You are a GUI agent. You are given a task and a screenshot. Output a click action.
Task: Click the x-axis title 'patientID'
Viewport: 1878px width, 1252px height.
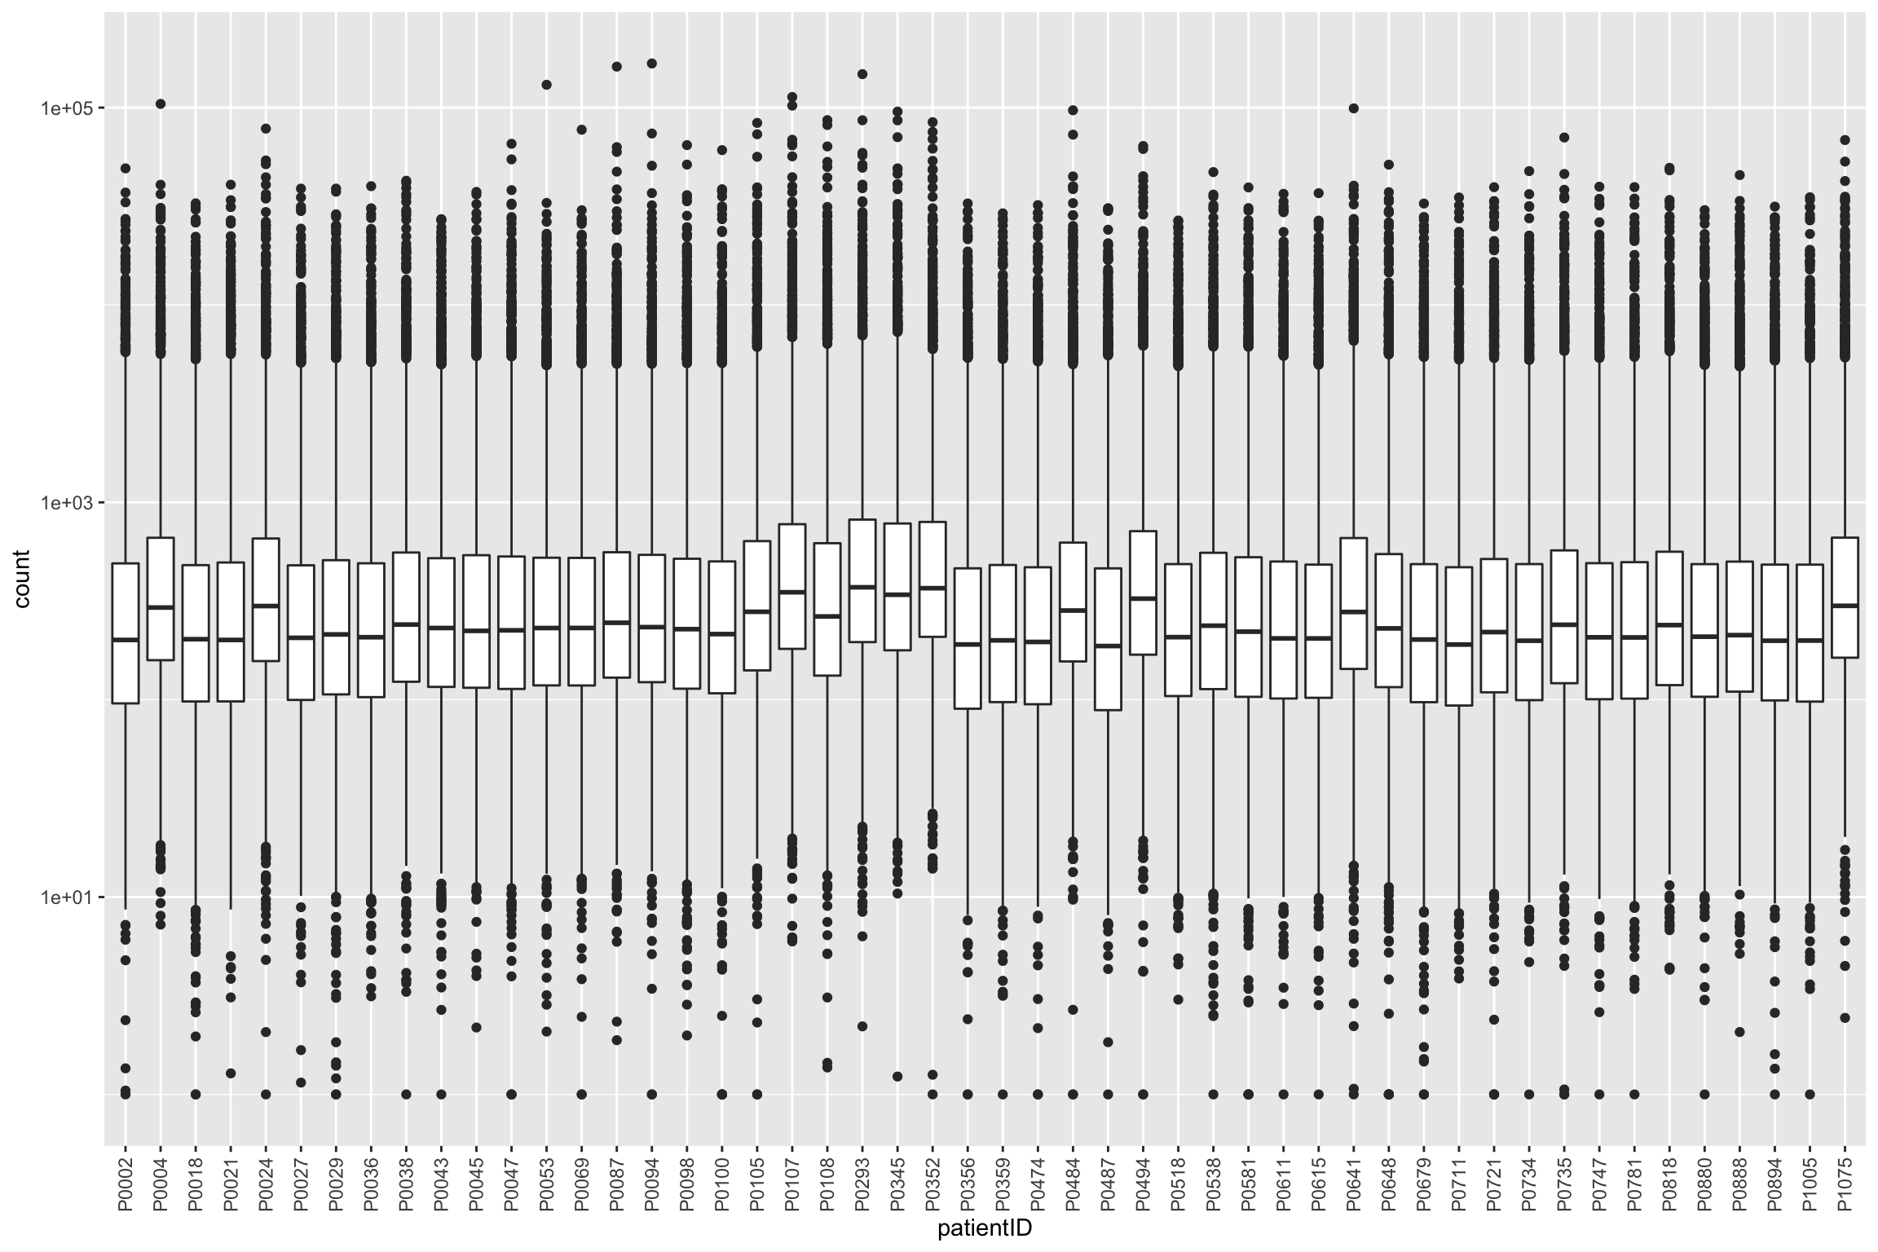(x=985, y=1229)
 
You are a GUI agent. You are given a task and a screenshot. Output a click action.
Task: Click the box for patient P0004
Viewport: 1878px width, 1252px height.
(x=161, y=598)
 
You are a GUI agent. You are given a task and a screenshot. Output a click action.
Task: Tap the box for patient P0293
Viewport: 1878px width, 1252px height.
(x=862, y=580)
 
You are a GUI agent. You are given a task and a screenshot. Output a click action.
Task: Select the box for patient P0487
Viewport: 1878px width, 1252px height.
(x=1108, y=639)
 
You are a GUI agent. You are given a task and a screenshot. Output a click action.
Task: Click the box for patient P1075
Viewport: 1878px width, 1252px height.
(x=1845, y=597)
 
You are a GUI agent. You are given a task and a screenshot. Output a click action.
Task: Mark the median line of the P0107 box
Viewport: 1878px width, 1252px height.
(x=791, y=592)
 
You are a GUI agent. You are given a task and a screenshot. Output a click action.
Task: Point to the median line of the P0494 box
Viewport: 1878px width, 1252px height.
(x=1143, y=598)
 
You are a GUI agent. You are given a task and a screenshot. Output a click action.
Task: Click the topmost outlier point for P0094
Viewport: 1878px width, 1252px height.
(x=652, y=63)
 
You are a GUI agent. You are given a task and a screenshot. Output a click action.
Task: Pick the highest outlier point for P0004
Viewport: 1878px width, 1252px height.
(x=161, y=104)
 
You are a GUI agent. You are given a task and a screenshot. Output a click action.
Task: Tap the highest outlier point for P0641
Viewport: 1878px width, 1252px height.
(x=1354, y=108)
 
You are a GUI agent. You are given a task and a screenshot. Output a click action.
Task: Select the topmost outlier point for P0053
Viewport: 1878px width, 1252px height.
(x=546, y=84)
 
